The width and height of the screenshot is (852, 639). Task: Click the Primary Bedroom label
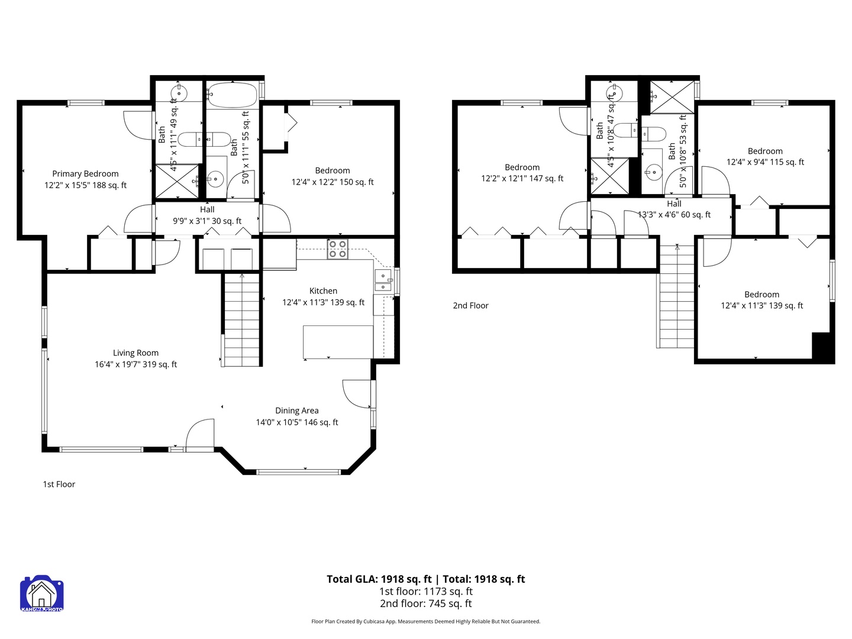click(85, 179)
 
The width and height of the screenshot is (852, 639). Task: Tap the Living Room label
click(136, 359)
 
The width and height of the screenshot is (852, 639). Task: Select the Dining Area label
click(297, 417)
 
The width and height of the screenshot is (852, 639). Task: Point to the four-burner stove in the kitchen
click(337, 249)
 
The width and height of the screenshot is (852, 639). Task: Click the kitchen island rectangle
click(338, 342)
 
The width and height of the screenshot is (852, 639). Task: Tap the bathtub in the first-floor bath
click(233, 95)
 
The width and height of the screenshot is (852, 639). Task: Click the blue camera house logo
click(42, 593)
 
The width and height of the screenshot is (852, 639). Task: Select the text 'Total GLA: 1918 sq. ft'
click(379, 579)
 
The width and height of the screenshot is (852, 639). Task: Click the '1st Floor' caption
click(59, 484)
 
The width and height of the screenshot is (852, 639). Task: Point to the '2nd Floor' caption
click(470, 305)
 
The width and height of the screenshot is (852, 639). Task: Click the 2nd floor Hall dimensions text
click(674, 215)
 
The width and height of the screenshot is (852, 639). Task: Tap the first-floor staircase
click(242, 319)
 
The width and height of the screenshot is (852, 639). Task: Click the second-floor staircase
click(676, 296)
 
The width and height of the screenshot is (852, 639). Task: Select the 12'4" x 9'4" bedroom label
click(765, 156)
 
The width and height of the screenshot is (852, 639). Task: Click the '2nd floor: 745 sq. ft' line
click(426, 603)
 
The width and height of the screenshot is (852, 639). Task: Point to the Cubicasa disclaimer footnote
click(426, 621)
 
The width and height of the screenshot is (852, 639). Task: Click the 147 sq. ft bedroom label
click(522, 173)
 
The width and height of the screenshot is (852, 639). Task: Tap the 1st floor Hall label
click(207, 209)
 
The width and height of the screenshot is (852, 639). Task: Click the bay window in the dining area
click(298, 472)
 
